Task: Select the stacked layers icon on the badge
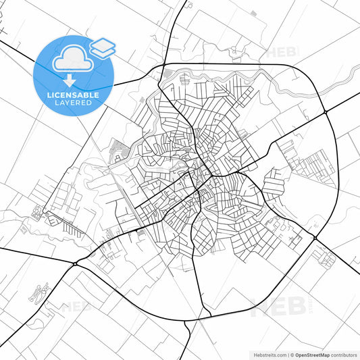pyautogui.click(x=102, y=47)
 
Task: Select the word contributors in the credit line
pyautogui.click(x=344, y=354)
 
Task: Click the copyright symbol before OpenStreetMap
pyautogui.click(x=291, y=354)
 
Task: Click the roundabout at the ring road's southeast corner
pyautogui.click(x=315, y=238)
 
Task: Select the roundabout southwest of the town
pyautogui.click(x=76, y=262)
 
